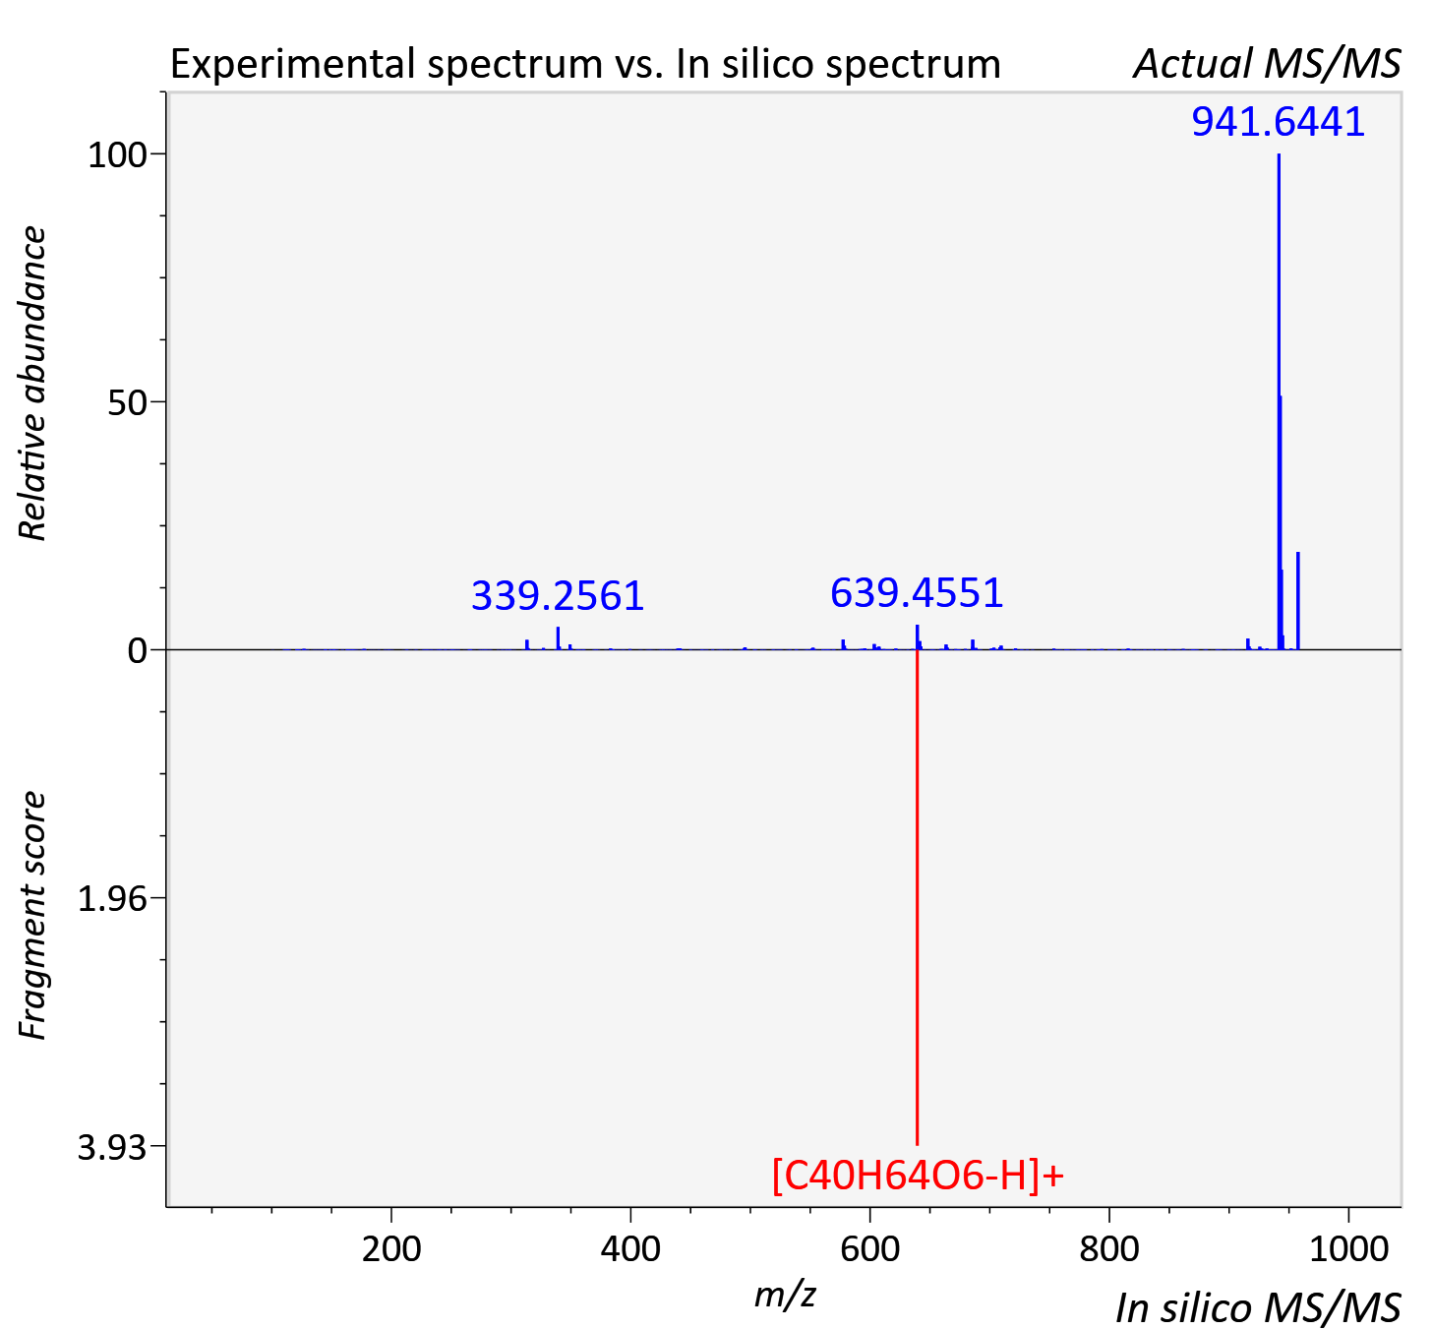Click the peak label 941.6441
pyautogui.click(x=1278, y=121)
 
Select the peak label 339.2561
pyautogui.click(x=558, y=596)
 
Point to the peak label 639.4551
pyautogui.click(x=917, y=592)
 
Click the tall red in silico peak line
pyautogui.click(x=918, y=896)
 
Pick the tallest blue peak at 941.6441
pyautogui.click(x=1279, y=401)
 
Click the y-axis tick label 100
pyautogui.click(x=116, y=155)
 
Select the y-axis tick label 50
pyautogui.click(x=127, y=403)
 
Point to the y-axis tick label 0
pyautogui.click(x=137, y=650)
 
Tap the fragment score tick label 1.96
pyautogui.click(x=111, y=899)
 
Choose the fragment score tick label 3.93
pyautogui.click(x=111, y=1147)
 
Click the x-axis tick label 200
pyautogui.click(x=390, y=1248)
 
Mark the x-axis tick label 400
pyautogui.click(x=630, y=1248)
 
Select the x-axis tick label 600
pyautogui.click(x=869, y=1248)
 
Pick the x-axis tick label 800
pyautogui.click(x=1109, y=1248)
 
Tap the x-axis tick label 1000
pyautogui.click(x=1348, y=1248)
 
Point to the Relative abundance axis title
pyautogui.click(x=31, y=383)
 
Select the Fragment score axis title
pyautogui.click(x=31, y=916)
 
